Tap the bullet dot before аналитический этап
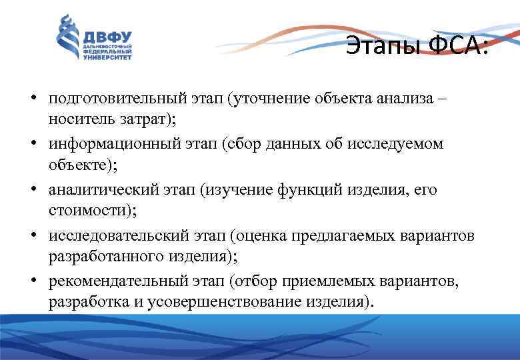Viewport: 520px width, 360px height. pyautogui.click(x=32, y=190)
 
